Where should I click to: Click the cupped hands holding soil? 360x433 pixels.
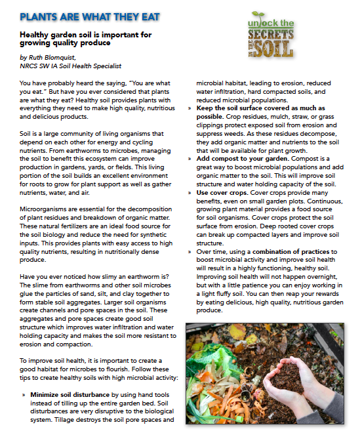(292, 381)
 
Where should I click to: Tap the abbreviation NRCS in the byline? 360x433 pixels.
(29, 66)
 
